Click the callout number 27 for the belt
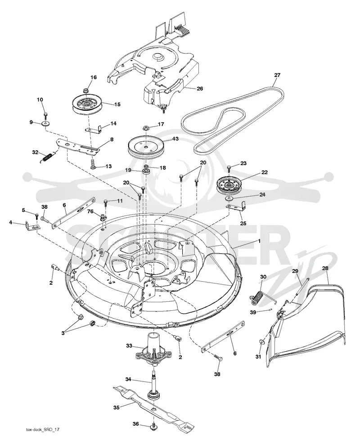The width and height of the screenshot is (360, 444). point(277,75)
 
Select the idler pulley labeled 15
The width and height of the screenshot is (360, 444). point(86,105)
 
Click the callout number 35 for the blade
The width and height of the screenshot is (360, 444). point(117,408)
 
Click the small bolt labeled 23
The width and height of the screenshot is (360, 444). point(229,169)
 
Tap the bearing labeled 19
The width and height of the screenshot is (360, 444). point(146,172)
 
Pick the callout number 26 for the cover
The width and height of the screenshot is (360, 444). point(200,89)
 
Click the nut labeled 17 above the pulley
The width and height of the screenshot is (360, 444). point(146,127)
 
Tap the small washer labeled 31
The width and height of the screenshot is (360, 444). point(261,342)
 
